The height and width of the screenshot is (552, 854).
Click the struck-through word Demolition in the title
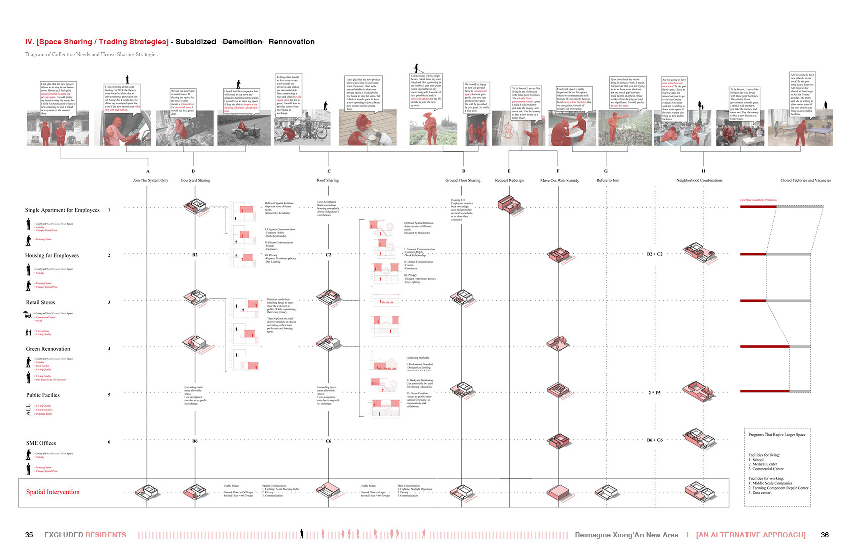pyautogui.click(x=242, y=42)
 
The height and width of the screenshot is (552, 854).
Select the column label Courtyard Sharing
pyautogui.click(x=195, y=180)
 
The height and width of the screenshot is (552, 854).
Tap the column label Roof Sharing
pyautogui.click(x=328, y=180)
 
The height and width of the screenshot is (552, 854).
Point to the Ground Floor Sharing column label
pyautogui.click(x=463, y=180)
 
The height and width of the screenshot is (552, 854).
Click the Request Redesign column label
pyautogui.click(x=509, y=180)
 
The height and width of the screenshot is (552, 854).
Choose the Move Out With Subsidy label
pyautogui.click(x=559, y=180)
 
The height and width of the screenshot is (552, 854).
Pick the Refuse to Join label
pyautogui.click(x=607, y=180)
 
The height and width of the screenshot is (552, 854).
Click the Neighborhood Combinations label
pyautogui.click(x=699, y=180)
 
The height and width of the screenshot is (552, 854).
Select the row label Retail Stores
pyautogui.click(x=41, y=302)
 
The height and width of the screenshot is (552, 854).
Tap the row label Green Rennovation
pyautogui.click(x=48, y=349)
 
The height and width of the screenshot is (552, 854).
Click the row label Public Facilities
pyautogui.click(x=43, y=395)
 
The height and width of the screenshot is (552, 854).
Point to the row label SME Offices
pyautogui.click(x=41, y=443)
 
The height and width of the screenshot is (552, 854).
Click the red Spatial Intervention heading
pyautogui.click(x=53, y=492)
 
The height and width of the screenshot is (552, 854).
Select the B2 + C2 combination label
pyautogui.click(x=655, y=254)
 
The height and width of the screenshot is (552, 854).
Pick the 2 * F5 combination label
pyautogui.click(x=654, y=393)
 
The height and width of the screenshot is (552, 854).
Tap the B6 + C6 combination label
pyautogui.click(x=655, y=440)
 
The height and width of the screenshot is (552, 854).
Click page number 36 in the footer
pyautogui.click(x=824, y=535)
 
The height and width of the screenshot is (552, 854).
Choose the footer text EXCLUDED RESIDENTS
pyautogui.click(x=85, y=535)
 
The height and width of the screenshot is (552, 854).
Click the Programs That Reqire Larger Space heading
pyautogui.click(x=777, y=435)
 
